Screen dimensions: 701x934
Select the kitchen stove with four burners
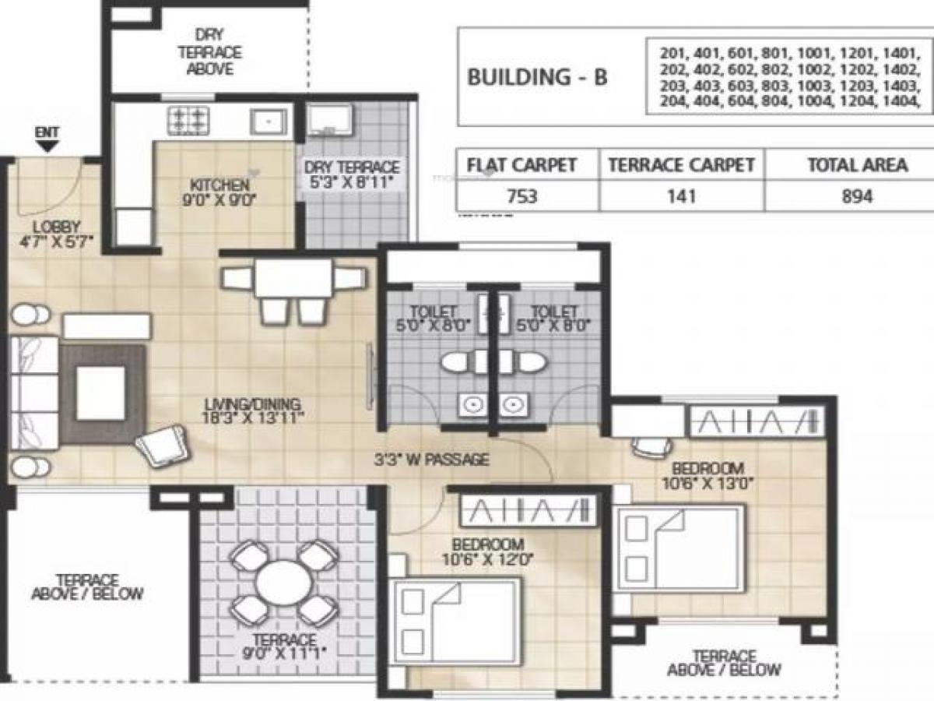point(189,120)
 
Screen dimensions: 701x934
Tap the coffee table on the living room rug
point(101,393)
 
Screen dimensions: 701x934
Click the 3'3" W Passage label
point(431,460)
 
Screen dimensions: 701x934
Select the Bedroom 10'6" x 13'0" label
point(708,475)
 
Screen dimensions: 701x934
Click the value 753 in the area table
point(522,196)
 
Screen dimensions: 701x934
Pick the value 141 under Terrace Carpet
point(680,196)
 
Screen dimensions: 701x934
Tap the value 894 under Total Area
point(856,196)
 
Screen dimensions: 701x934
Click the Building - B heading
point(537,77)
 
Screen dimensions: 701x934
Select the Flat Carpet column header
point(521,165)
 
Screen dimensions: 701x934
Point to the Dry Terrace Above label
point(210,51)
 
